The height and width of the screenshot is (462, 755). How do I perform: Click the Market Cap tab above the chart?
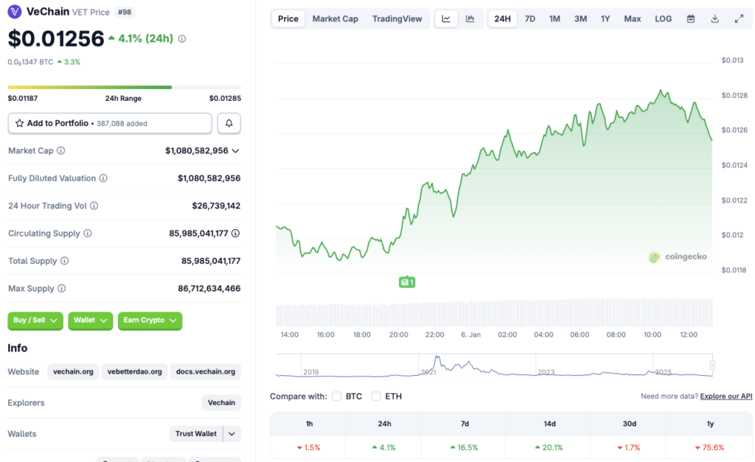[x=335, y=18]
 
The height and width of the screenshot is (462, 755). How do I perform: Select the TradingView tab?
[x=397, y=18]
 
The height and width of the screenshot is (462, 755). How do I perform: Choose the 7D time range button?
[x=529, y=18]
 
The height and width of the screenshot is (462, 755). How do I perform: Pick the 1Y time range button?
[x=605, y=18]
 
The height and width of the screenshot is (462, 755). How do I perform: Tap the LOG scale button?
[x=663, y=18]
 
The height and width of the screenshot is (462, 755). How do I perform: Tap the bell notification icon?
[x=229, y=123]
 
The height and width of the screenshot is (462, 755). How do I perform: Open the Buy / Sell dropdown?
[x=35, y=321]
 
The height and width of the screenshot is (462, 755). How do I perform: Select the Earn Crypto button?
[x=150, y=321]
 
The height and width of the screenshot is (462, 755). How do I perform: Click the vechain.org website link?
[x=73, y=371]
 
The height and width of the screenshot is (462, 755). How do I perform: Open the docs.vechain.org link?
[x=206, y=371]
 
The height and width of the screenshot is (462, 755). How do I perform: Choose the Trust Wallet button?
[x=196, y=434]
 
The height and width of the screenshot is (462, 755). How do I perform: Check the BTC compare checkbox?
[x=337, y=396]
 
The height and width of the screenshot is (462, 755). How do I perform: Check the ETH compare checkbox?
[x=376, y=396]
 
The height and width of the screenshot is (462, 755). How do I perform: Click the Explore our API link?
[x=726, y=396]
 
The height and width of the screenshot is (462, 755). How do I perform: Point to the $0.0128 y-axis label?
[x=733, y=95]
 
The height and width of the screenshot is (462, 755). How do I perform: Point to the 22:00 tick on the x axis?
[x=435, y=335]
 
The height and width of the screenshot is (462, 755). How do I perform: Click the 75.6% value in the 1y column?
[x=709, y=447]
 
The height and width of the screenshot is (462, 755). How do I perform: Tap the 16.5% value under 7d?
[x=464, y=447]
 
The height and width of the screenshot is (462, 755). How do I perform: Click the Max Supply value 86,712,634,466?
[x=209, y=288]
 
